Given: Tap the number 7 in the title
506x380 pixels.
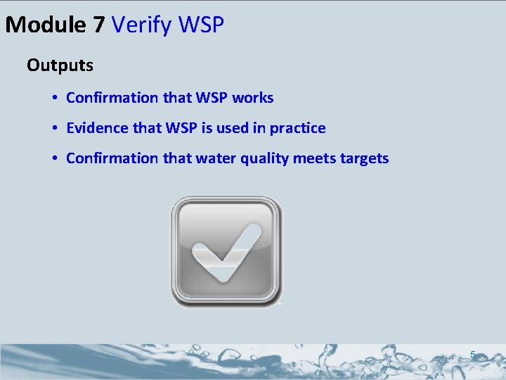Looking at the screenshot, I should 98,25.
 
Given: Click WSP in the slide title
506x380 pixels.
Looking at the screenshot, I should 202,25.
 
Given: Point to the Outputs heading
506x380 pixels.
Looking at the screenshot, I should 60,65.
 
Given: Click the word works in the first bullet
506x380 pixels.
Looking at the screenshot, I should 252,98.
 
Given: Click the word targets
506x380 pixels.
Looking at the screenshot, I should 365,158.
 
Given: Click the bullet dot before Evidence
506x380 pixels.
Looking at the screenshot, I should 54,129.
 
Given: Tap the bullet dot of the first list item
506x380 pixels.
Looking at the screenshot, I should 54,99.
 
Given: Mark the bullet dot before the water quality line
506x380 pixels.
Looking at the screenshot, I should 54,159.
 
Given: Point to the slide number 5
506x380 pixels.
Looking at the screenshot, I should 473,356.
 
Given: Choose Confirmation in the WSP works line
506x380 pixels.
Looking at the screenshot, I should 112,98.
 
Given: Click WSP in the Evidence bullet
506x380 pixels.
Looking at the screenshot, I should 183,128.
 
